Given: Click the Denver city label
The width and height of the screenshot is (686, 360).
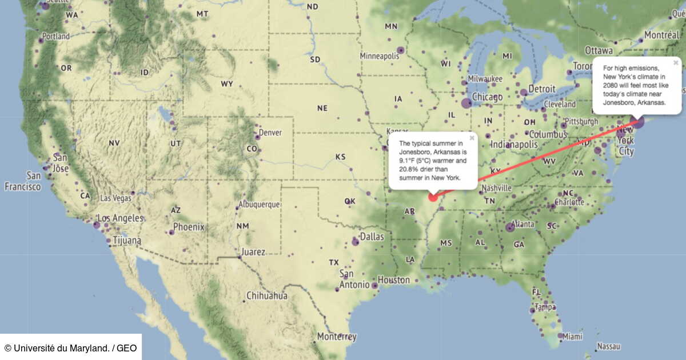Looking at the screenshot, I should coord(270,133).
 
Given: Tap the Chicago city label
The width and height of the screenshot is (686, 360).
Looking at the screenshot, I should coord(487,97).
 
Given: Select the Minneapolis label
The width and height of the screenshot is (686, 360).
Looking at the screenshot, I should coord(378,56).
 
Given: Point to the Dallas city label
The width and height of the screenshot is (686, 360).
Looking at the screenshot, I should coord(372,236).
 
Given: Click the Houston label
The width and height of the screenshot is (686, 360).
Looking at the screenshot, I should coord(394,280).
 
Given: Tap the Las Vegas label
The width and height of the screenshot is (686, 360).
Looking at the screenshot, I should coord(116,198).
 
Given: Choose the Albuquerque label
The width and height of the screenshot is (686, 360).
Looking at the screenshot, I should coord(259,204).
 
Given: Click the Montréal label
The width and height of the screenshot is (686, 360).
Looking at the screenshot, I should coord(661,35).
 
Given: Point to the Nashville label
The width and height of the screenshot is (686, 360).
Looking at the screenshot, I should coord(496,188).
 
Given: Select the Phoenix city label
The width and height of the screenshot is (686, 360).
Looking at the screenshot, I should coord(189,227).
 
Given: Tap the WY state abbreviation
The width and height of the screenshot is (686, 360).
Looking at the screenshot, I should coord(227,84).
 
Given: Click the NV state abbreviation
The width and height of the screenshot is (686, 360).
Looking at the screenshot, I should coord(114,143).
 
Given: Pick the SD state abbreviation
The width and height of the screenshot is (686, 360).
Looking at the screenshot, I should coord(315,59).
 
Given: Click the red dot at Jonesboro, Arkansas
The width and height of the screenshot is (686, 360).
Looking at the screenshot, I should coord(432,198).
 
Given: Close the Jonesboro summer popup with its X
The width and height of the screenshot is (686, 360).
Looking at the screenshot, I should coord(472,138).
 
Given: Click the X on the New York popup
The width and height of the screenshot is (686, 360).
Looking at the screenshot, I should coord(676,62).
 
